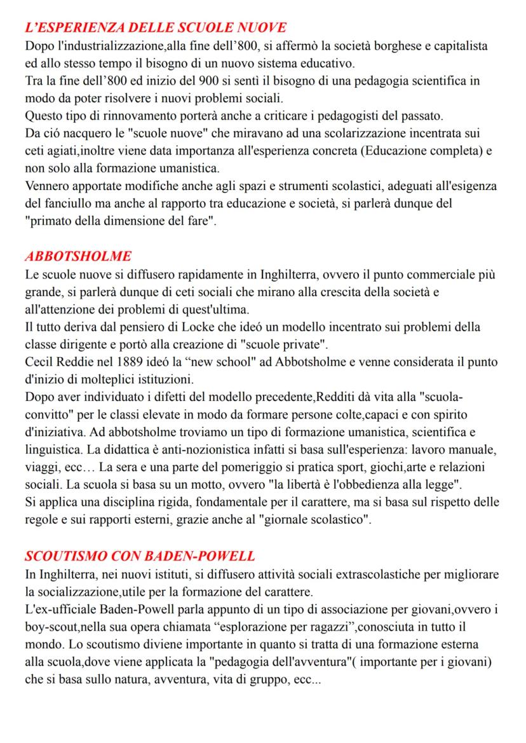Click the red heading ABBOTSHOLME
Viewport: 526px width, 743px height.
point(78,256)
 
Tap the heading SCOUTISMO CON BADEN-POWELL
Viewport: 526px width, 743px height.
point(140,556)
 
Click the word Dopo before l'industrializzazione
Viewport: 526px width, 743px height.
point(39,46)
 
